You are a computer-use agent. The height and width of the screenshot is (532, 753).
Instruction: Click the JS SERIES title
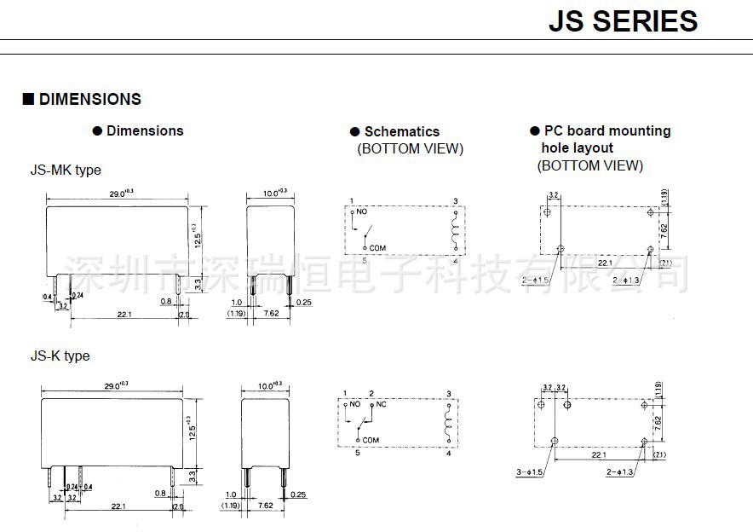pyautogui.click(x=623, y=20)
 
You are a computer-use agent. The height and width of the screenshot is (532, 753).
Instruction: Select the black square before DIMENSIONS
pyautogui.click(x=27, y=100)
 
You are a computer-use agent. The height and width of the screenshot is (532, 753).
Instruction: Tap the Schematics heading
pyautogui.click(x=401, y=131)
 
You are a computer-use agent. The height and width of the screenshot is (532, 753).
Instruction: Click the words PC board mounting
pyautogui.click(x=606, y=130)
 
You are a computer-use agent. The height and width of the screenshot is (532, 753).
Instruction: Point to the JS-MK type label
pyautogui.click(x=66, y=170)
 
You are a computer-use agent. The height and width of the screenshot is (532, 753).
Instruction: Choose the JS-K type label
pyautogui.click(x=60, y=356)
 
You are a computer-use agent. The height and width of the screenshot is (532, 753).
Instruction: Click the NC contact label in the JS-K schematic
pyautogui.click(x=382, y=404)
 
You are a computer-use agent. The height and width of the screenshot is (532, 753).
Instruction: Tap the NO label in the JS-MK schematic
pyautogui.click(x=362, y=211)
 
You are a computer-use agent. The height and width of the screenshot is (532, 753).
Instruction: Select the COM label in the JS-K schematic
pyautogui.click(x=371, y=440)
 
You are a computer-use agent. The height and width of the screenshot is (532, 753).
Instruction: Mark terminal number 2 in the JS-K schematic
pyautogui.click(x=371, y=393)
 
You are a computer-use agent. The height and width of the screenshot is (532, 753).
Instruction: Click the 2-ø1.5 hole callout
pyautogui.click(x=537, y=280)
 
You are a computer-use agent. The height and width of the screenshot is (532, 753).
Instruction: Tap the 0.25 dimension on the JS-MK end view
pyautogui.click(x=304, y=301)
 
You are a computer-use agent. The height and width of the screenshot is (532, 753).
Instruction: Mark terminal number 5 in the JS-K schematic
pyautogui.click(x=358, y=453)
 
